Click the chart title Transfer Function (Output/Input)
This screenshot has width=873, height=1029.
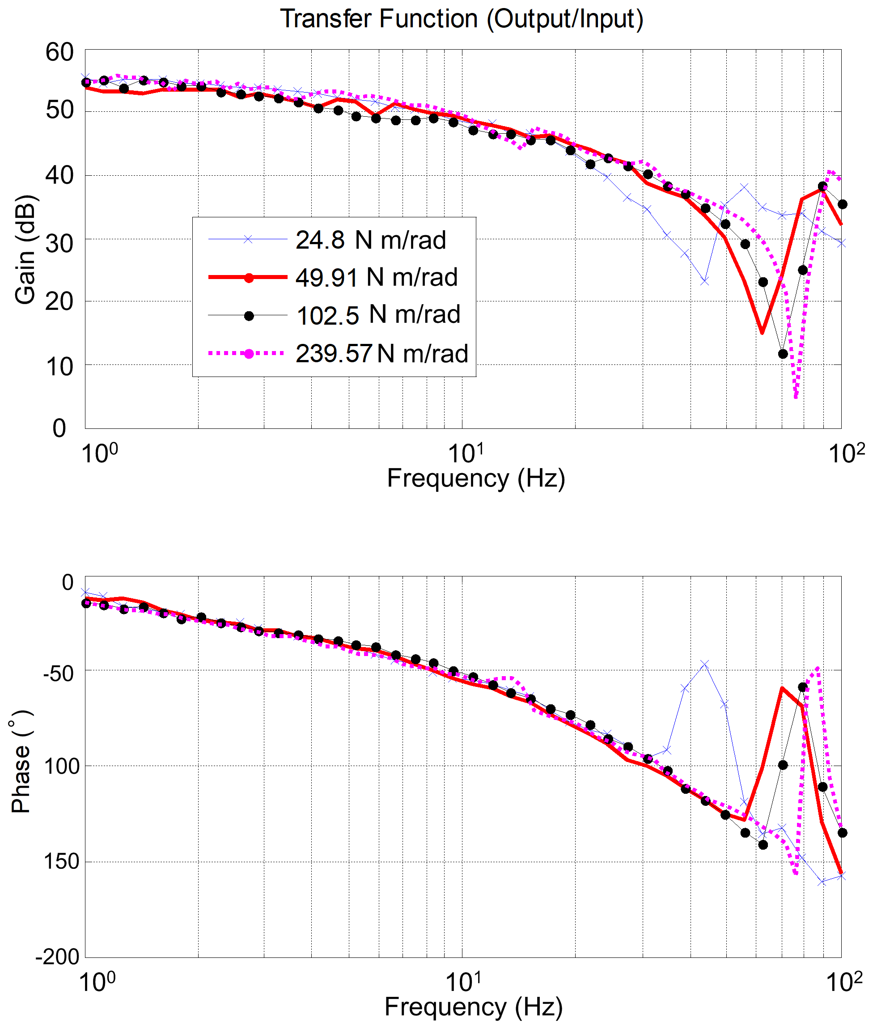[x=462, y=19]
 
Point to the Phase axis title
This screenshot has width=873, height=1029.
[x=21, y=762]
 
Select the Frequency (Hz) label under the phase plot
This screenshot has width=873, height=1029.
[x=474, y=1007]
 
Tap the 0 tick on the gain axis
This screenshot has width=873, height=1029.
[x=59, y=428]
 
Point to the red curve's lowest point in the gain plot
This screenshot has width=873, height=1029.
[x=762, y=333]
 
